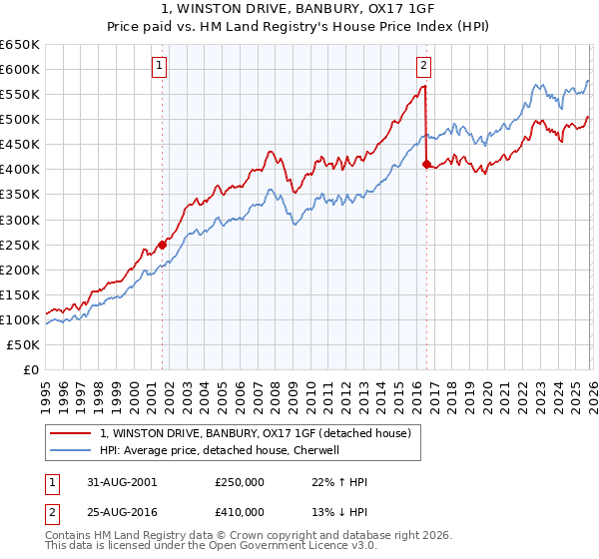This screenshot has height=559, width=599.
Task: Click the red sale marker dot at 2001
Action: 162,244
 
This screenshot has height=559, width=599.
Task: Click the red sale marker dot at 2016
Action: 426,164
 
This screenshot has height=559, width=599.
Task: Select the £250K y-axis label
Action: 20,245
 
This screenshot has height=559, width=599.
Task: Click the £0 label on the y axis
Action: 30,369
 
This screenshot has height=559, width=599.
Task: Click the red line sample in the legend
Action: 71,432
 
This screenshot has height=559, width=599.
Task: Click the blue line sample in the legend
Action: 71,450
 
